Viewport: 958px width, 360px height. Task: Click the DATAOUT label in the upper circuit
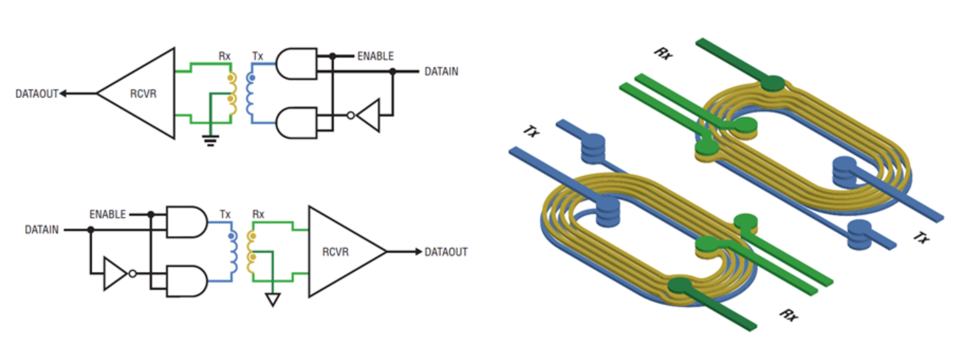coord(37,94)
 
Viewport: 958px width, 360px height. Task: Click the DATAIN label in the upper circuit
coord(441,72)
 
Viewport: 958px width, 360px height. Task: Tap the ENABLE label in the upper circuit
coord(375,56)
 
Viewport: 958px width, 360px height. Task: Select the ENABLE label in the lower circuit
coord(108,214)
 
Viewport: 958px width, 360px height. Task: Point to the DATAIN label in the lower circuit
coord(42,230)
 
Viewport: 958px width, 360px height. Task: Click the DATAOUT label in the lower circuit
coord(446,252)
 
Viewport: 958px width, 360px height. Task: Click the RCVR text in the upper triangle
coord(143,94)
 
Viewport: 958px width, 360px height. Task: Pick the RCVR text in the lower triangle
coord(335,252)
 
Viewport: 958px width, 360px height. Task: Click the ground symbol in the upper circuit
coord(211,140)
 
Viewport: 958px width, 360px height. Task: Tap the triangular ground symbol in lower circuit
coord(273,299)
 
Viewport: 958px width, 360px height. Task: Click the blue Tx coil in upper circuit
coord(250,93)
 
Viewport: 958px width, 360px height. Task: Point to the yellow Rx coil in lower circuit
coord(251,252)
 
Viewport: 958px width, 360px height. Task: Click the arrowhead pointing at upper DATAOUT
coord(63,94)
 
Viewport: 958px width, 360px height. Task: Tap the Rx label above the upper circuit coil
coord(224,56)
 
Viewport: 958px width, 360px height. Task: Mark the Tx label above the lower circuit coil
coord(225,214)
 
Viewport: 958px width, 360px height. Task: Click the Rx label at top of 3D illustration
coord(663,54)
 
